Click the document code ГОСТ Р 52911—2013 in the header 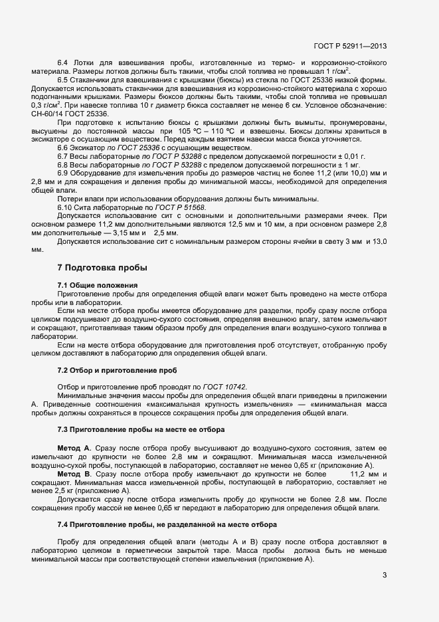pyautogui.click(x=350, y=47)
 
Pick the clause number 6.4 pyautogui.click(x=64, y=62)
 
